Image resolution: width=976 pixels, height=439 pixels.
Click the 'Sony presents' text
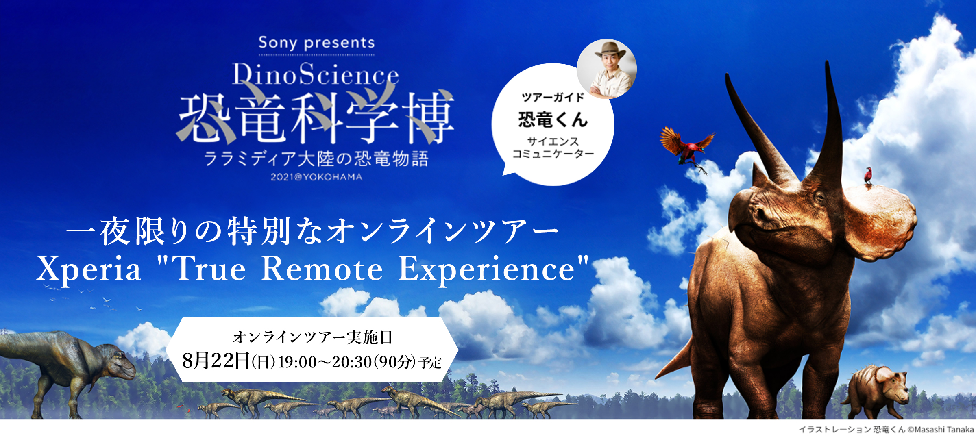coord(316,43)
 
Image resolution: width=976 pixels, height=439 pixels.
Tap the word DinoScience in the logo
coord(316,74)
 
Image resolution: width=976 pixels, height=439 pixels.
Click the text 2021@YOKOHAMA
coord(316,177)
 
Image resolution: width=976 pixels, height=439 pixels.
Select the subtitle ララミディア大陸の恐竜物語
coord(316,159)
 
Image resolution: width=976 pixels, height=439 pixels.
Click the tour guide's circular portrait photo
coord(607,69)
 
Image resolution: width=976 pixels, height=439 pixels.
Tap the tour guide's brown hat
coord(608,50)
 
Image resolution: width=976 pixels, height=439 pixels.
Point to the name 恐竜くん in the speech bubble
coord(553,120)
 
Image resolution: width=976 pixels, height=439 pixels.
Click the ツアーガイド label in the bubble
coord(553,98)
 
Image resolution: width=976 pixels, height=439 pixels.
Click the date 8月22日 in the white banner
coord(216,361)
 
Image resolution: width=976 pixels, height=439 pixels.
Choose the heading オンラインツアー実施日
coord(312,337)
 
